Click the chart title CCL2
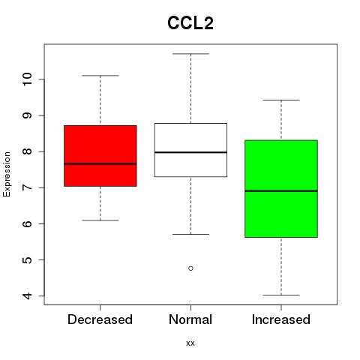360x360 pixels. point(190,23)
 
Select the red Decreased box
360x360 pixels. point(100,156)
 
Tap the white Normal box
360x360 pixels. point(190,150)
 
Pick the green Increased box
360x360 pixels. point(281,189)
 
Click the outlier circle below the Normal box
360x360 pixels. point(190,268)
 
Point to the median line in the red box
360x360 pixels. point(100,164)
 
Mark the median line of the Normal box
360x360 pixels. point(190,152)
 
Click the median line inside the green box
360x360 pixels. point(281,191)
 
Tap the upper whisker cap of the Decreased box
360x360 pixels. point(100,75)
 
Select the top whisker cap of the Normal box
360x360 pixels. point(190,53)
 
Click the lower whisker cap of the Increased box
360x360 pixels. point(281,295)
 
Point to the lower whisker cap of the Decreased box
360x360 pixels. point(100,220)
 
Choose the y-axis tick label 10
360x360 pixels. point(28,79)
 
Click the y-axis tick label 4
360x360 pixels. point(28,296)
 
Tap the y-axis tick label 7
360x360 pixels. point(28,187)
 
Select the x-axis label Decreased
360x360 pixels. point(100,319)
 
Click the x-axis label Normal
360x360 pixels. point(190,319)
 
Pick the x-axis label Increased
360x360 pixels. point(281,319)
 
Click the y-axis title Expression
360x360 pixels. point(7,174)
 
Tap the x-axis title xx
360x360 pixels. point(190,343)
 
